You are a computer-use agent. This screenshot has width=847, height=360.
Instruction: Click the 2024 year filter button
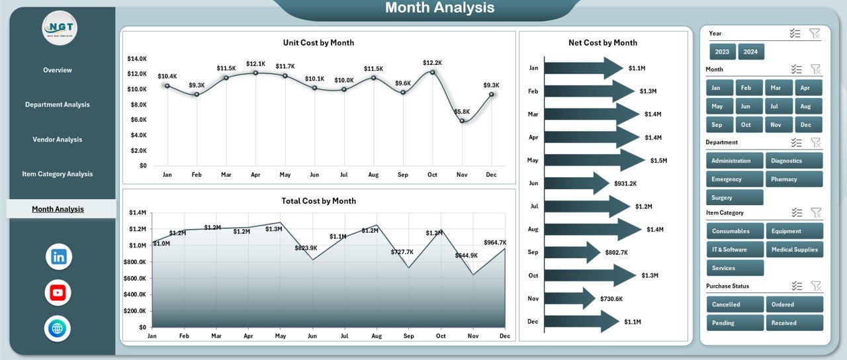click(x=751, y=52)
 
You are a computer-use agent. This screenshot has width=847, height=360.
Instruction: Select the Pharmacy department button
click(x=794, y=179)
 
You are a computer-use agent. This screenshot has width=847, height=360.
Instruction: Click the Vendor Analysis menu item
click(x=58, y=140)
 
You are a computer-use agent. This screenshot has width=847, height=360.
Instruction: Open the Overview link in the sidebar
click(x=58, y=70)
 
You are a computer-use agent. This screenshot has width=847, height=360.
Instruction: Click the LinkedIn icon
click(x=59, y=257)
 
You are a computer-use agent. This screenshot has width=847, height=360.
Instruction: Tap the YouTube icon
click(x=59, y=292)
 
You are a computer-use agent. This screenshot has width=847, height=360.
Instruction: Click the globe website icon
click(x=59, y=328)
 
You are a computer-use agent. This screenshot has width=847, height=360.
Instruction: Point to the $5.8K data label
click(x=462, y=112)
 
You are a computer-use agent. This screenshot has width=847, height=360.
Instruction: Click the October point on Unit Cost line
click(x=432, y=71)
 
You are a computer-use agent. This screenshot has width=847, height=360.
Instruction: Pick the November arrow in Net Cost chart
click(x=570, y=298)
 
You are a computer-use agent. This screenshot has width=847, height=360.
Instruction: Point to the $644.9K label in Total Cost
click(x=467, y=255)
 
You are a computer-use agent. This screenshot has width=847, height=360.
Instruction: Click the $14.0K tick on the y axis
click(x=136, y=59)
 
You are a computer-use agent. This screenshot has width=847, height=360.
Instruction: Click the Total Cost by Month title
click(x=318, y=201)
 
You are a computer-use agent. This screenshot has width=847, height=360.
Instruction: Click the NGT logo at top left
click(x=60, y=28)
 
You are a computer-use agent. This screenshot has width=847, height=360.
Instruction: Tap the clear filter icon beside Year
click(x=814, y=33)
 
